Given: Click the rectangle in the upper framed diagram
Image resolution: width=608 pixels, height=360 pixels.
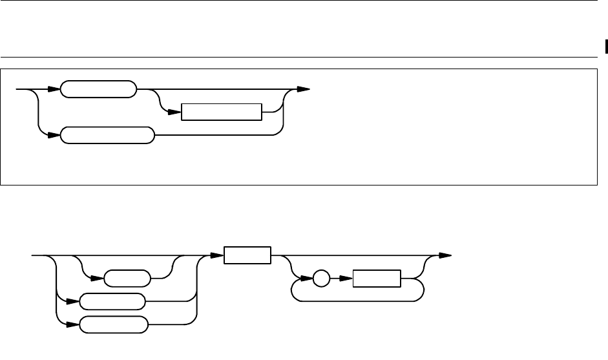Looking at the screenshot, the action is coord(222,112).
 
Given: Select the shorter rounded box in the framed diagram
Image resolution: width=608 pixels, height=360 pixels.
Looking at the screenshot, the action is coord(98,89).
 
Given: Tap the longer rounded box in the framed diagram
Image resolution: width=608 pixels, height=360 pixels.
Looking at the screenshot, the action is coord(107,136).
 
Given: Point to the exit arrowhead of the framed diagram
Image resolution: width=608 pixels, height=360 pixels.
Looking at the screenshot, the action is coord(304,89).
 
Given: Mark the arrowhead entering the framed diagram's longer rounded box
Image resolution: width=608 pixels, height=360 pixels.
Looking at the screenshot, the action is coord(54,136).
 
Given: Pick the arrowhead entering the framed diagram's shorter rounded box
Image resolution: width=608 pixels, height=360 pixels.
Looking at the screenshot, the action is coord(54,89).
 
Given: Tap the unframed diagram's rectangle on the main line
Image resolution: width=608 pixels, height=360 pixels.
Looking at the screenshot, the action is coord(247,256).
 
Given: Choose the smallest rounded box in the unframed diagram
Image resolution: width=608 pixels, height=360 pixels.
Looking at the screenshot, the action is coord(127,280).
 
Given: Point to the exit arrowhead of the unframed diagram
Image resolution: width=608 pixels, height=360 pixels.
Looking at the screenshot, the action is coord(445,256).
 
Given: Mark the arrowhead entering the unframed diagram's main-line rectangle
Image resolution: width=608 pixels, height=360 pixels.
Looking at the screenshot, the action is coord(218,256).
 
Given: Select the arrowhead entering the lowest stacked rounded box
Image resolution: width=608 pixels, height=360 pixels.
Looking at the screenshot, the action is coord(73,324).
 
